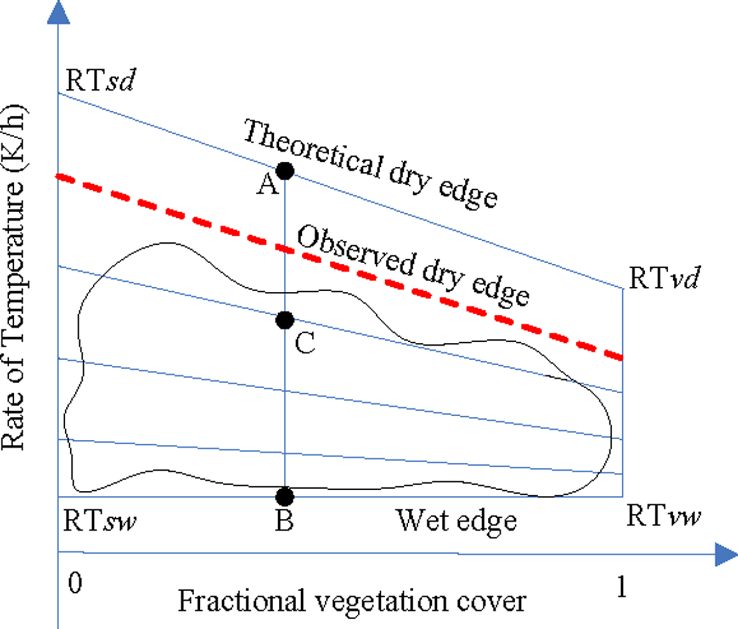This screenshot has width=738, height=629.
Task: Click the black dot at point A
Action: [285, 171]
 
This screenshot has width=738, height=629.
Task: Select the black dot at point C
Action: [285, 320]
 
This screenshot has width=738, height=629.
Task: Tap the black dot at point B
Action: [285, 496]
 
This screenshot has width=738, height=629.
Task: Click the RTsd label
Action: [100, 81]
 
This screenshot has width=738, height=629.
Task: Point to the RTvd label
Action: [664, 279]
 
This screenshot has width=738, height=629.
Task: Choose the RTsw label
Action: [100, 521]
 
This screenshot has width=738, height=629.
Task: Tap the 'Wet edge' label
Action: [457, 521]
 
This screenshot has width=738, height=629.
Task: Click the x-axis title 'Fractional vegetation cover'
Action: [352, 601]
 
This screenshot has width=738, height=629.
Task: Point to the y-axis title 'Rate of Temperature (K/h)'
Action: [13, 278]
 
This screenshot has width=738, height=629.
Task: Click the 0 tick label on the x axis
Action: [75, 583]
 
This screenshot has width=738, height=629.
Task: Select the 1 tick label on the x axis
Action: [621, 587]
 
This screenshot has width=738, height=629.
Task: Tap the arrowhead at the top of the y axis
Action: [58, 13]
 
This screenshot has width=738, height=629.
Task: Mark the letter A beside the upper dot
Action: [268, 185]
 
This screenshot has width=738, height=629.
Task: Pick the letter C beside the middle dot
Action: [305, 343]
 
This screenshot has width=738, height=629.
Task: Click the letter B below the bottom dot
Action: [284, 521]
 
